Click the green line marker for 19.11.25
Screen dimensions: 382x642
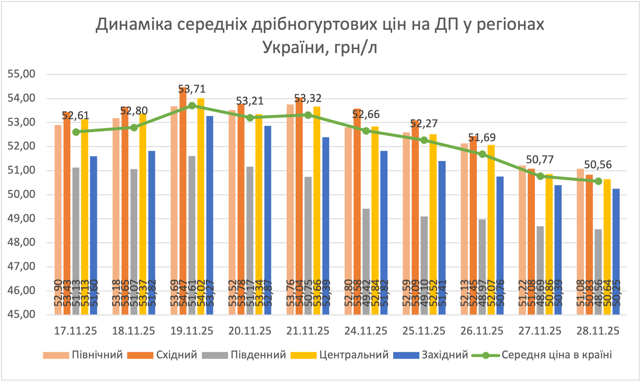tap(192, 106)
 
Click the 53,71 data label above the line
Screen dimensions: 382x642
tap(192, 89)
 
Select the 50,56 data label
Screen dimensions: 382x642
tap(598, 165)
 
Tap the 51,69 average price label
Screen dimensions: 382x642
tap(482, 138)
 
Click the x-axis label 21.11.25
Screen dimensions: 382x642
tap(308, 331)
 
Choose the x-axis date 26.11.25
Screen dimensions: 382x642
tap(482, 331)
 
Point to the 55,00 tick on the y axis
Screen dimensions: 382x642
tap(21, 74)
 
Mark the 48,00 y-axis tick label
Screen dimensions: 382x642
tap(21, 242)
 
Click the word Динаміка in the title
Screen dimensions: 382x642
tap(134, 24)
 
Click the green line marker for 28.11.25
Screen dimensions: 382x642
tap(598, 181)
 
